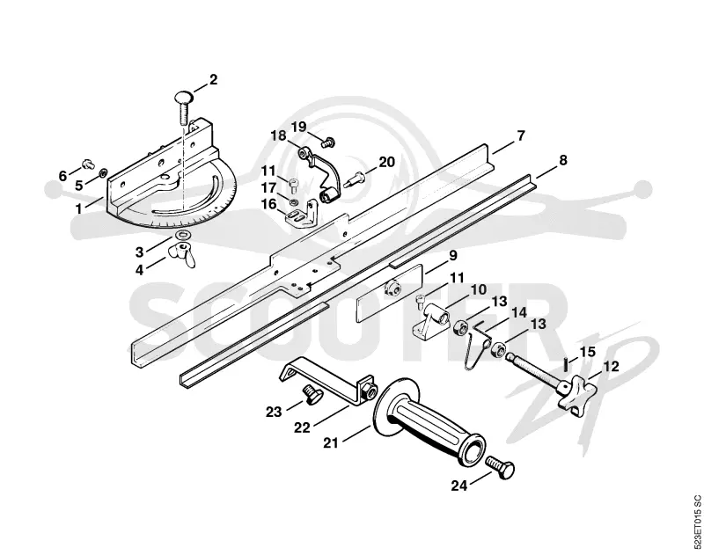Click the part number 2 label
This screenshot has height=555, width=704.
click(213, 80)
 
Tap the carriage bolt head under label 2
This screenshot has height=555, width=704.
click(183, 98)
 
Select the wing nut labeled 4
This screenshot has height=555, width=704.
click(182, 255)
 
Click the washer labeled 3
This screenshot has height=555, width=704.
click(183, 235)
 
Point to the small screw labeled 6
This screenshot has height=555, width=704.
click(88, 163)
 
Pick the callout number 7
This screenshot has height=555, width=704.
click(520, 135)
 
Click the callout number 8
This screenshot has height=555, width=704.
click(562, 160)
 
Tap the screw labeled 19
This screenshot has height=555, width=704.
click(328, 142)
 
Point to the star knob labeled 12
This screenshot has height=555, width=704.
click(572, 394)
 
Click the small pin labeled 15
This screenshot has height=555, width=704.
click(567, 363)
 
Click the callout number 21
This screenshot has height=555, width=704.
click(331, 442)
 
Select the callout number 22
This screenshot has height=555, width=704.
click(302, 427)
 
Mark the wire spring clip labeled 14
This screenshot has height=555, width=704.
click(477, 347)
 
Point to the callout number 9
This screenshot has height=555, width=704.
click(452, 256)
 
